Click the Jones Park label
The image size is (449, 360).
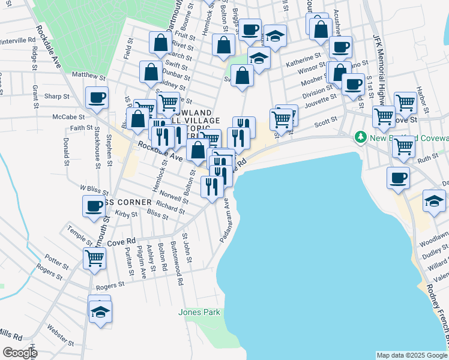pos(199,312)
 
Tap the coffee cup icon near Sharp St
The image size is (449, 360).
pos(96,97)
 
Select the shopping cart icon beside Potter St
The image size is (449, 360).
pos(94,259)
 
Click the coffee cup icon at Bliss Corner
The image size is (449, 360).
pos(94,206)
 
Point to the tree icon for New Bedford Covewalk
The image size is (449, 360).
pos(361,137)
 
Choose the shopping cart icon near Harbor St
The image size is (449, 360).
pos(406,103)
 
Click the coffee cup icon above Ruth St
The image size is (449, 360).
pos(399,177)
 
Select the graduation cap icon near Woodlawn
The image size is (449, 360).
pos(435,200)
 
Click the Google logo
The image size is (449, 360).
pos(20,353)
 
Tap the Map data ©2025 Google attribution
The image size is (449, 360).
pos(412,355)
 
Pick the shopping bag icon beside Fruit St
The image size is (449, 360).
pos(161,42)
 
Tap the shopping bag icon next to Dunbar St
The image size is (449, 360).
pos(151,73)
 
